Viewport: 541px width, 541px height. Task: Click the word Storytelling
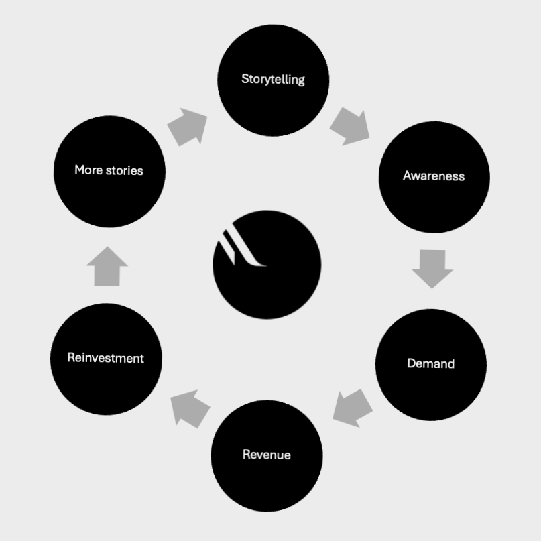coord(273,79)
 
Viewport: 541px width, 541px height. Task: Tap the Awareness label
coord(434,176)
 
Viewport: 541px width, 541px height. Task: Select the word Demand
coord(430,363)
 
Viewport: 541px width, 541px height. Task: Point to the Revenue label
coord(266,455)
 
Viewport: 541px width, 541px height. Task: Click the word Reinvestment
coord(105,358)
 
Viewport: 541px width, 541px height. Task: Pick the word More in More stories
coord(88,170)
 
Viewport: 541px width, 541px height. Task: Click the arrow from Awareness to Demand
coord(432,268)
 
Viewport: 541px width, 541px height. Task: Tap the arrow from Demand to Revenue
coord(353,408)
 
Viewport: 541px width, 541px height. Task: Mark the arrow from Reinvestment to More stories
coord(107,267)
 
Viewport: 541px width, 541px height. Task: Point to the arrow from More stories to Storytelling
coord(187,126)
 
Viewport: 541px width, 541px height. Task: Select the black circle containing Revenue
coord(266,483)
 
